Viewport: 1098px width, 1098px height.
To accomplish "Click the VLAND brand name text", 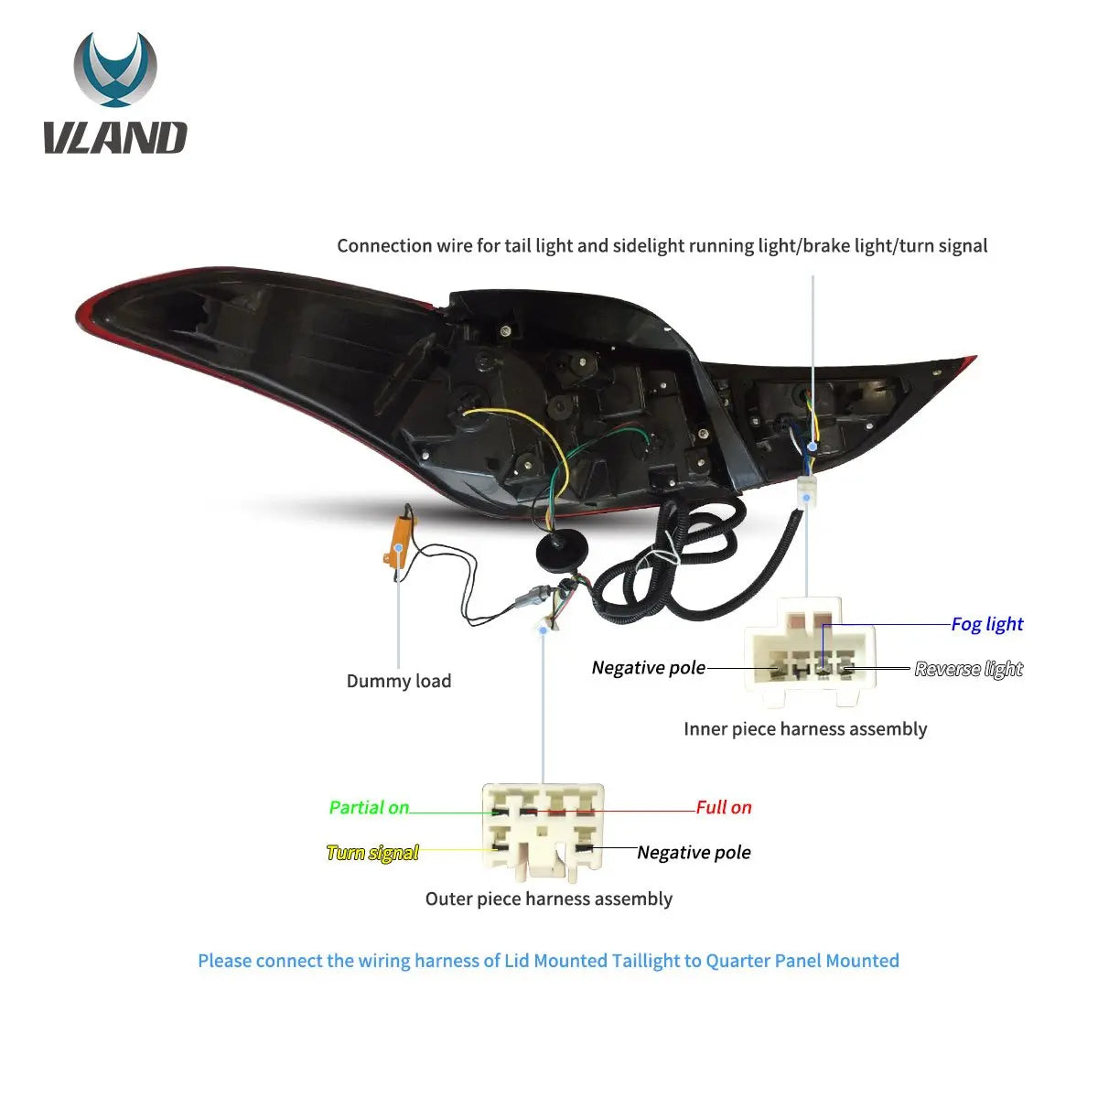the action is [115, 137].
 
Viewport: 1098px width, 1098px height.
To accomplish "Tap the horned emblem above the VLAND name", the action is [115, 70].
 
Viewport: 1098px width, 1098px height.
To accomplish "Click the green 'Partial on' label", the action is [369, 807].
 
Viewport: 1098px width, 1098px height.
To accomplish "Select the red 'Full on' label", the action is [724, 807].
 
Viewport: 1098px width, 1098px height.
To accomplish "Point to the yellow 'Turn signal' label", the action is [372, 853].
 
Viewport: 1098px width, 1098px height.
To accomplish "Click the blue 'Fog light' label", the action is [987, 624].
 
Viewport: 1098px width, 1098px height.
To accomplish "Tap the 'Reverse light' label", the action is [968, 668].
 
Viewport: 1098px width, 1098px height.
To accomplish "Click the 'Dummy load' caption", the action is [399, 681].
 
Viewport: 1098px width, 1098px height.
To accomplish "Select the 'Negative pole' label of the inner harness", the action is [649, 667].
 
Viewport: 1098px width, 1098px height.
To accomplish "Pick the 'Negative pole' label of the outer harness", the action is [694, 852].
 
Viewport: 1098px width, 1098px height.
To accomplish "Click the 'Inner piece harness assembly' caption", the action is [805, 728].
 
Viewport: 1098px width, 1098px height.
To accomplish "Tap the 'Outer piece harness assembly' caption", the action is [549, 899].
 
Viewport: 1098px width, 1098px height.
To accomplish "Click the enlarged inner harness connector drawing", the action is [809, 651].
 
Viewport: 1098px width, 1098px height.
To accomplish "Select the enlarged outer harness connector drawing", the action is [543, 833].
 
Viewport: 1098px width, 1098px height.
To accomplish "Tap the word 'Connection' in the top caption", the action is [384, 245].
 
